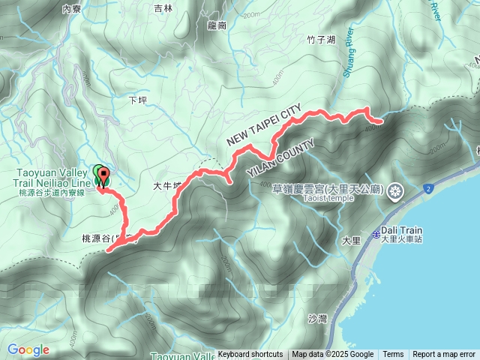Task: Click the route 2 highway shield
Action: [x=427, y=188]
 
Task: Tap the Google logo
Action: [x=28, y=350]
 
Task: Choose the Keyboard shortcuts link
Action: [x=250, y=355]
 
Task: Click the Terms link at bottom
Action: [x=393, y=355]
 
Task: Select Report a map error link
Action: [x=444, y=355]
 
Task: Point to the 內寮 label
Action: [x=72, y=9]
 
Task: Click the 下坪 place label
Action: [x=136, y=99]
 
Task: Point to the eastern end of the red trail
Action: [x=379, y=119]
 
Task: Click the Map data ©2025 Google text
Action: [x=333, y=355]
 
